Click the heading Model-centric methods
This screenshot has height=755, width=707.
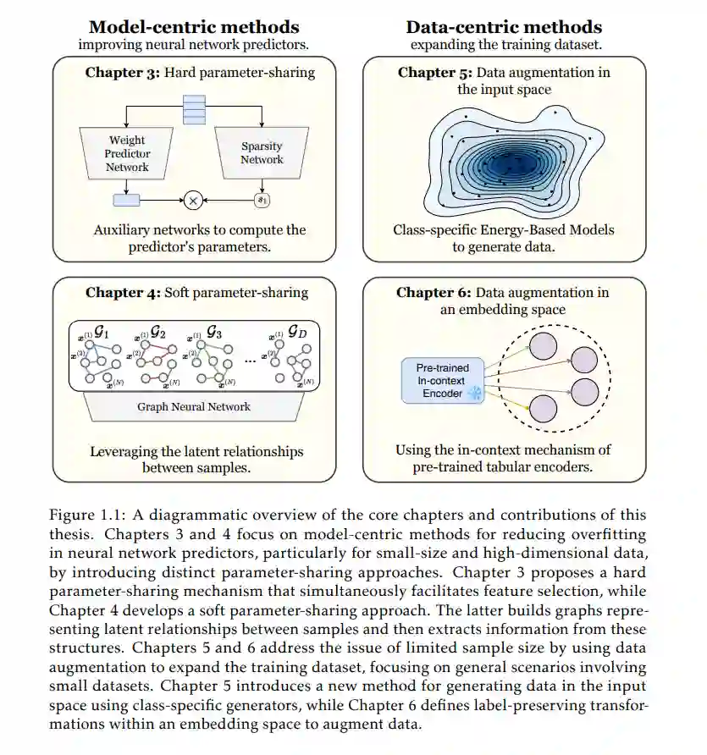point(194,27)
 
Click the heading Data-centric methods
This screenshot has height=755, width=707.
point(504,27)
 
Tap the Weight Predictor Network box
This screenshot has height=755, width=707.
point(127,154)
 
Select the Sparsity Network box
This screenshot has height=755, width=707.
point(262,152)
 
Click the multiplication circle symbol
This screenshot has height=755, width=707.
point(194,201)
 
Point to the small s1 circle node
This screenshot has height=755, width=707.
point(261,201)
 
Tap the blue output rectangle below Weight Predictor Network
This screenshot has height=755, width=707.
point(126,201)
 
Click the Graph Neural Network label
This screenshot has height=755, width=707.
point(194,406)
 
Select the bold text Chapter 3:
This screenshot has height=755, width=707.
point(122,73)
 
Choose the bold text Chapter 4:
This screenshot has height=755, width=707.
point(122,293)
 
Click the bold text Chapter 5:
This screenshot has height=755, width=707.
point(435,73)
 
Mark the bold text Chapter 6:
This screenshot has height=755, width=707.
point(434,293)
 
